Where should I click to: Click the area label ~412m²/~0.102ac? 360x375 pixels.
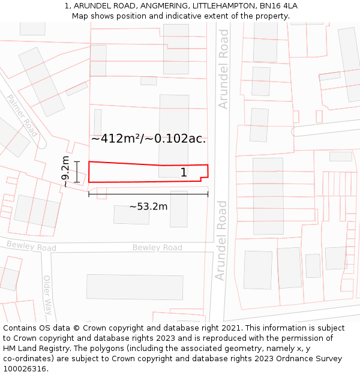pos(148,139)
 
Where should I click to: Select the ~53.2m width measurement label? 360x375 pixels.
pos(149,207)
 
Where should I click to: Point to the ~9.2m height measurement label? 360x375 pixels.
pos(66,172)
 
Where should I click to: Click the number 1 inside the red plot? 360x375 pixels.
pos(184,173)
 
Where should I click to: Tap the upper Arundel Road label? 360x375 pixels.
pos(224,69)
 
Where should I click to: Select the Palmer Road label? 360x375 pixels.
pos(22,114)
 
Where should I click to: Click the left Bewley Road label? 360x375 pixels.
pos(31,246)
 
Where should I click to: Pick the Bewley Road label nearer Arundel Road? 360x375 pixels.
pos(157,248)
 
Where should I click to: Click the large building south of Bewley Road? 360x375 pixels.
pos(134,287)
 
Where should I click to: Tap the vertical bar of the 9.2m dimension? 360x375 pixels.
pos(77,172)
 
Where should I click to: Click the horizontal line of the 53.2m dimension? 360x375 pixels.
pos(148,194)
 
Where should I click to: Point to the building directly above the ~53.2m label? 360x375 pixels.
pos(131,214)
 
